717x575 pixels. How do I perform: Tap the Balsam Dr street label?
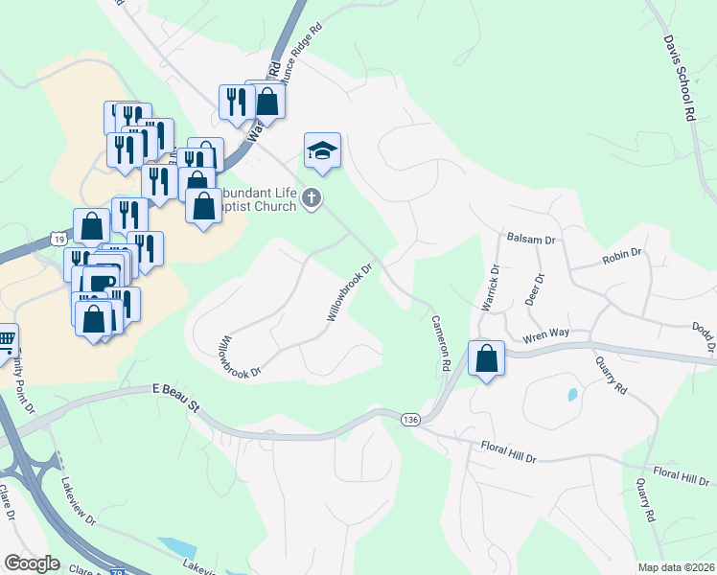[531, 238]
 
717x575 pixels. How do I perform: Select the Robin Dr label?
[622, 256]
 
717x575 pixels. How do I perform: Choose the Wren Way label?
[545, 334]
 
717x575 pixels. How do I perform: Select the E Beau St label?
[175, 398]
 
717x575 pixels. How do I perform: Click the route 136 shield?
[410, 420]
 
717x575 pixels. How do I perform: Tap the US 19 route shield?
[58, 238]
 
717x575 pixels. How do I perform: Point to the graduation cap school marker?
[323, 150]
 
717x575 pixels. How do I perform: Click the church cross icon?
[311, 198]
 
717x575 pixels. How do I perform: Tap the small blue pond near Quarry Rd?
[572, 394]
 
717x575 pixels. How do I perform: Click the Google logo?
[32, 563]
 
